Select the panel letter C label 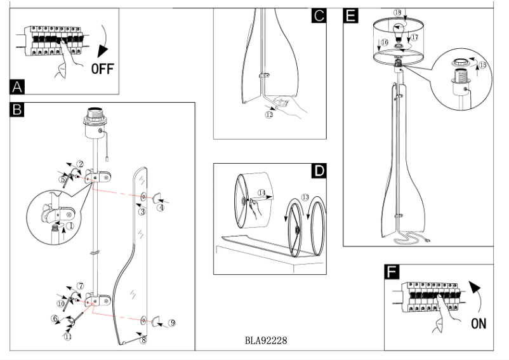318,16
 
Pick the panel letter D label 319,171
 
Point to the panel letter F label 393,273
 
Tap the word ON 479,324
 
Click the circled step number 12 269,115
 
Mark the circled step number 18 397,12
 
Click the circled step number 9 172,322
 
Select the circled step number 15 482,65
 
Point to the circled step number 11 67,337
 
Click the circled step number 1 71,225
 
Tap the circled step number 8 143,340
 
